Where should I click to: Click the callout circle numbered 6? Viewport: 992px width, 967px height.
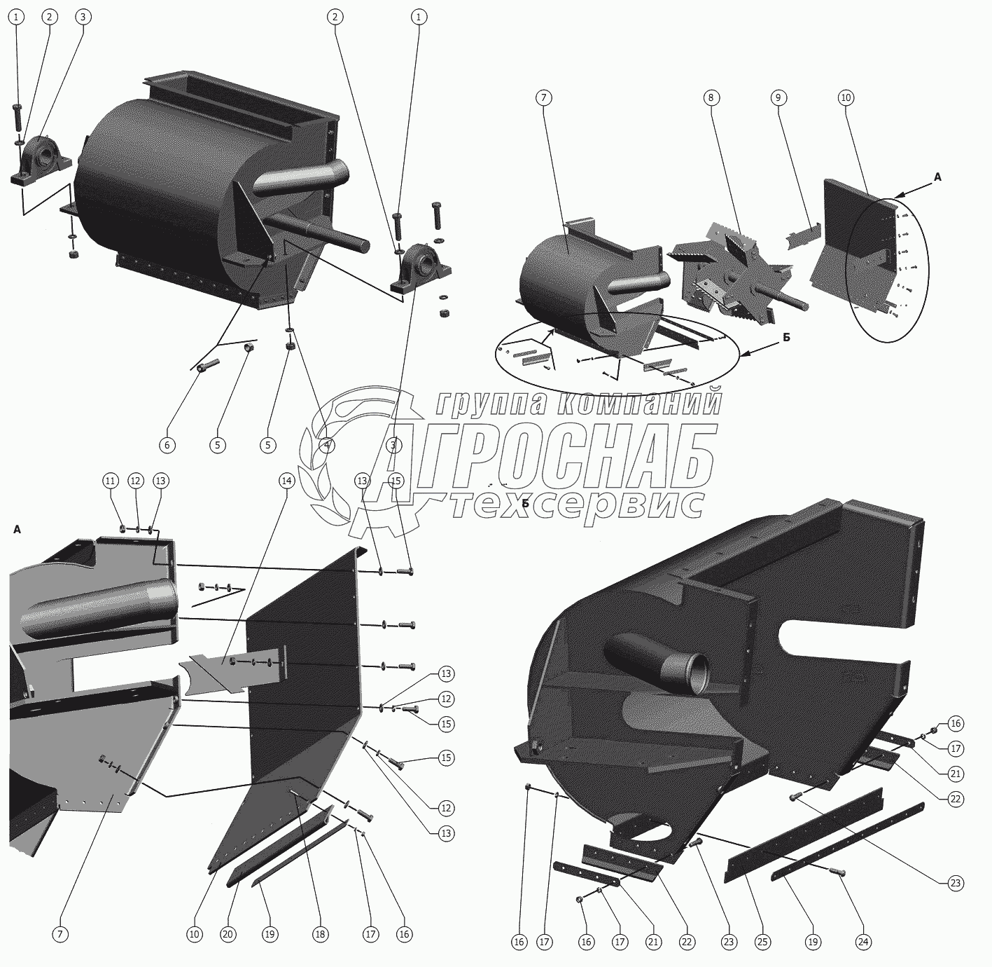(x=167, y=446)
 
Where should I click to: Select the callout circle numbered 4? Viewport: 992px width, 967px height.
(x=326, y=446)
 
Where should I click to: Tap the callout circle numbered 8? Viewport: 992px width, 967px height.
(x=711, y=97)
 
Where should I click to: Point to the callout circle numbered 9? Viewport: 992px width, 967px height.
(x=778, y=97)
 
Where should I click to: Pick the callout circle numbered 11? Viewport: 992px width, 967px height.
(x=111, y=481)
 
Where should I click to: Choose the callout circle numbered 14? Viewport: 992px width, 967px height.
(x=287, y=481)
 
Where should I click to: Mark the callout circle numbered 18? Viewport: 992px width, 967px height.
(x=320, y=934)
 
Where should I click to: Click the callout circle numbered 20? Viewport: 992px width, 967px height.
(x=228, y=934)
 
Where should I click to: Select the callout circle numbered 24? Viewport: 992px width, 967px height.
(x=863, y=942)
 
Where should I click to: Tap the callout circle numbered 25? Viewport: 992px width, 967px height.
(x=762, y=942)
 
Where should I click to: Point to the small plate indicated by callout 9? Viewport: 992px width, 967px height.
(x=804, y=236)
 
